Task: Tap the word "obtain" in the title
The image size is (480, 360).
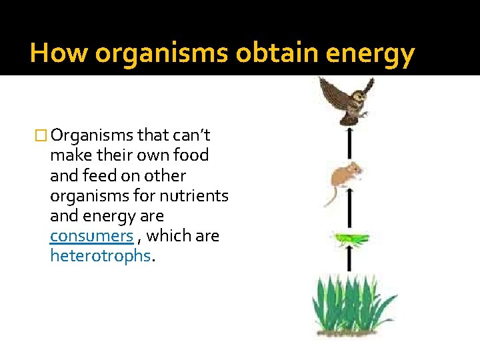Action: pyautogui.click(x=264, y=53)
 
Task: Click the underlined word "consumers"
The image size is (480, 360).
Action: pyautogui.click(x=91, y=237)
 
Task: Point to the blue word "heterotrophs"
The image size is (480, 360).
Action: pyautogui.click(x=101, y=257)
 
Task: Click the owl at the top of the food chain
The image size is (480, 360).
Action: pyautogui.click(x=345, y=100)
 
